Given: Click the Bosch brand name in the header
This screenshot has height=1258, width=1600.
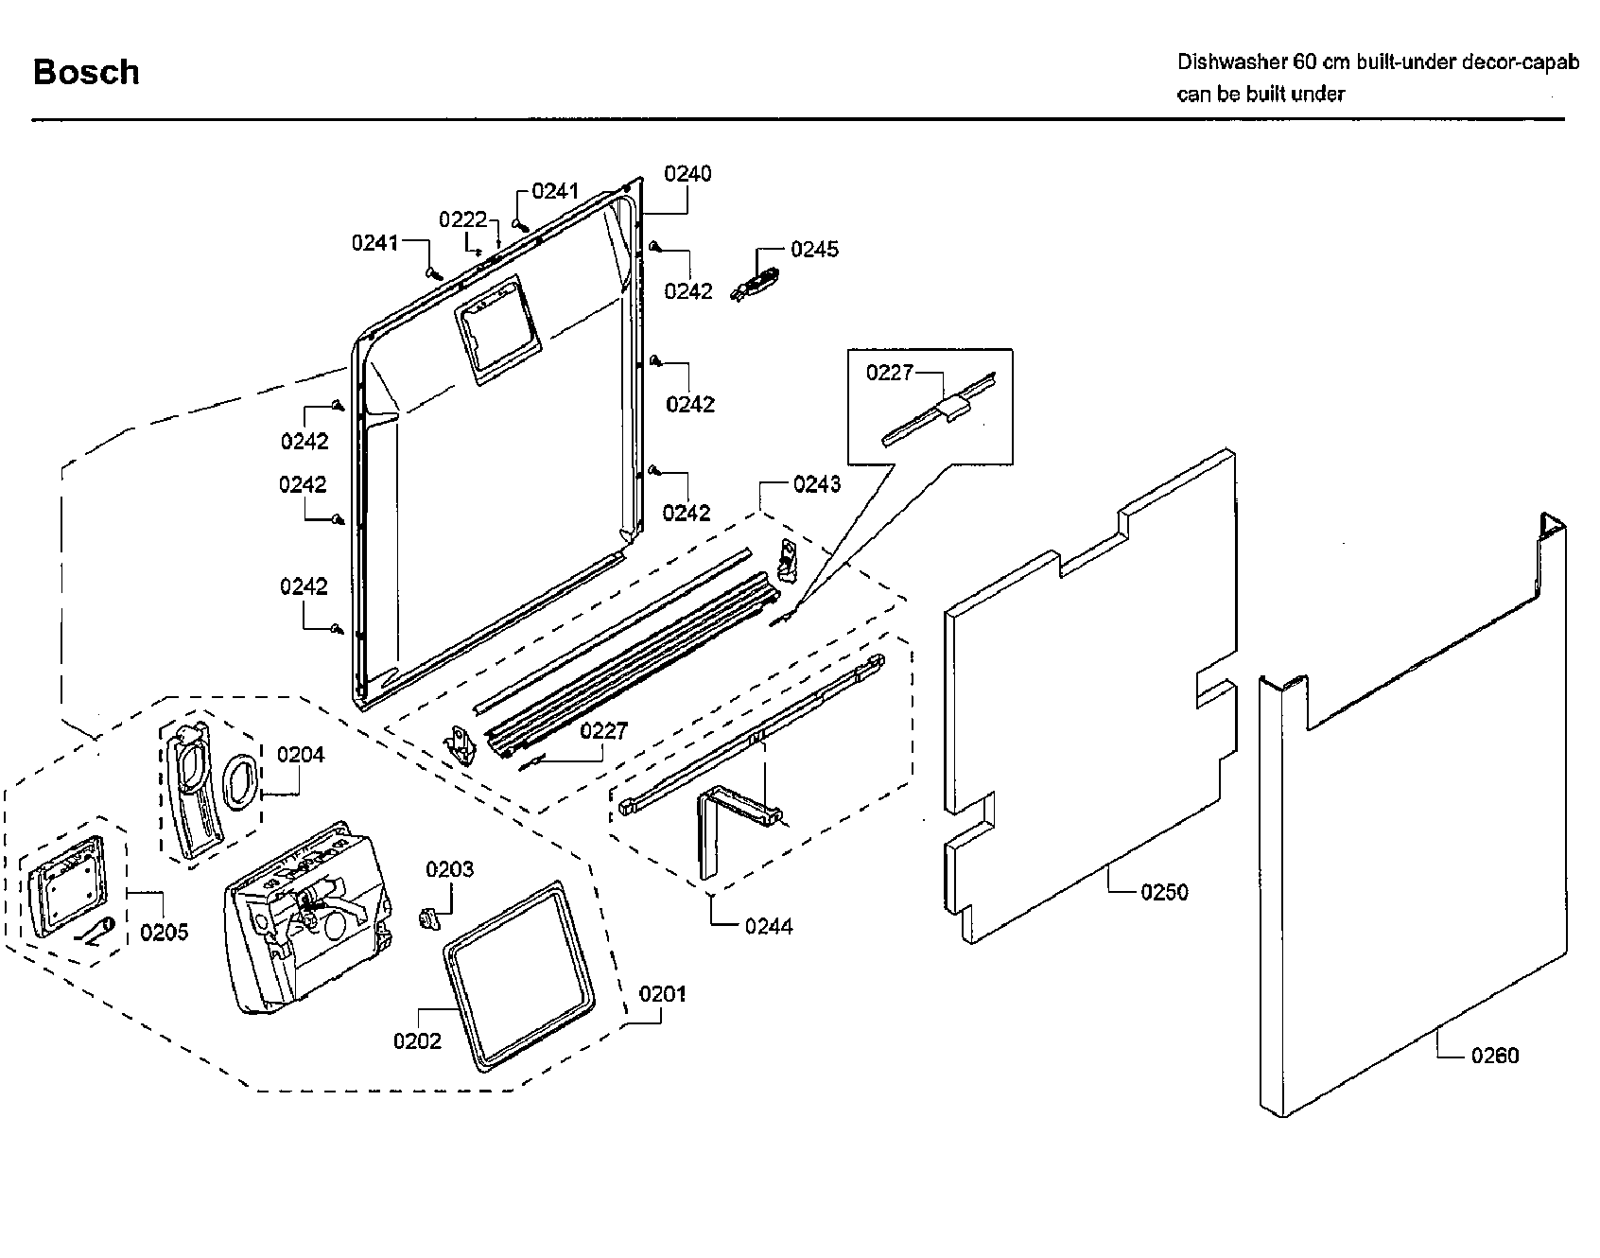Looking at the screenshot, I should click(x=86, y=73).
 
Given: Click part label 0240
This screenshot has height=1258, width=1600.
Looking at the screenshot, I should click(x=687, y=174).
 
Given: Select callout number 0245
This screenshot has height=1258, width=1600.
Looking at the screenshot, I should click(x=814, y=250).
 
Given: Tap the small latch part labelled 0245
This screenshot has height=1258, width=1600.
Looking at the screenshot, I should click(x=757, y=283).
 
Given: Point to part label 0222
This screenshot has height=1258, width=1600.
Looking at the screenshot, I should click(x=462, y=220).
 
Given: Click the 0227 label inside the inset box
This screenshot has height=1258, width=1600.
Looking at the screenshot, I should click(x=889, y=373).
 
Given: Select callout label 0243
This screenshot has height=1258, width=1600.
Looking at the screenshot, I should click(x=817, y=484).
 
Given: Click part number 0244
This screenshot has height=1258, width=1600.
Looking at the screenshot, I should click(x=768, y=927).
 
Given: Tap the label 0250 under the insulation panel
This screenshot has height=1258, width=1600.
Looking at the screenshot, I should click(x=1164, y=892).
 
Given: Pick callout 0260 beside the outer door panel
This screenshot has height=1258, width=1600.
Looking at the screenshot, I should click(x=1494, y=1056).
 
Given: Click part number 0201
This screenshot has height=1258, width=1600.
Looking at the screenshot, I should click(x=663, y=994).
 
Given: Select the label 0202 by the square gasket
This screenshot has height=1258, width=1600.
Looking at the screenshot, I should click(x=417, y=1041).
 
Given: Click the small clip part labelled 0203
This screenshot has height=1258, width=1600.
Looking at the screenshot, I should click(x=427, y=917).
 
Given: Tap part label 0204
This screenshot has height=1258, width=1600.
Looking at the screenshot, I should click(x=301, y=755).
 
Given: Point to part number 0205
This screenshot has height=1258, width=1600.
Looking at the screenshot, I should click(x=165, y=933).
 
